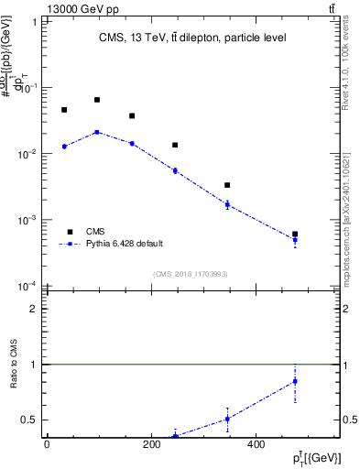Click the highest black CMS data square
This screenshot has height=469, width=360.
click(97, 100)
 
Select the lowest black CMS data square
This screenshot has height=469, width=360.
click(295, 234)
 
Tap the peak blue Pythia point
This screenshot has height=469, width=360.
click(97, 132)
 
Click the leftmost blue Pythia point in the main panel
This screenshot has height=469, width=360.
click(64, 147)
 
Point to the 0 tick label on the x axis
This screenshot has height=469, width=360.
click(46, 445)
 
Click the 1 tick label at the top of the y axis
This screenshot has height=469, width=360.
click(34, 21)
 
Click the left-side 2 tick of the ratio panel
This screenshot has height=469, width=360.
click(34, 309)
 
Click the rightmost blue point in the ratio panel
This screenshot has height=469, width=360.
click(295, 381)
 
